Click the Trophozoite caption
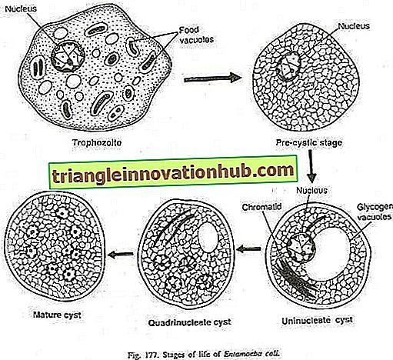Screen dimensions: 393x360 97,142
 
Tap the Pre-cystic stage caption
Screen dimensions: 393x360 309,142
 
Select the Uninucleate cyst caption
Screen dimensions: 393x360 318,321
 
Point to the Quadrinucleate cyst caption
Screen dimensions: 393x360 190,322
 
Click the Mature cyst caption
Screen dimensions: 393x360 57,315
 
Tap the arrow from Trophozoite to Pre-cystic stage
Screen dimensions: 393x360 212,78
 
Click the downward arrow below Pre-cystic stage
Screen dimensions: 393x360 311,165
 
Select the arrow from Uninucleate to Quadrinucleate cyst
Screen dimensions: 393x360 249,248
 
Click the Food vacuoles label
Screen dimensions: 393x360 196,35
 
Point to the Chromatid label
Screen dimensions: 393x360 261,207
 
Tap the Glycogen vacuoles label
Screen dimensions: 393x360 375,212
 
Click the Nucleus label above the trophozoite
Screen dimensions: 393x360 21,9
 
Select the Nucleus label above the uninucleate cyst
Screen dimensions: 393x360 311,190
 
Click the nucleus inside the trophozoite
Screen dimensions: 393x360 68,57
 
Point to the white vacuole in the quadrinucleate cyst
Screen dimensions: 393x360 208,237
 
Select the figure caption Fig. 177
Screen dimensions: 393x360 203,355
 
